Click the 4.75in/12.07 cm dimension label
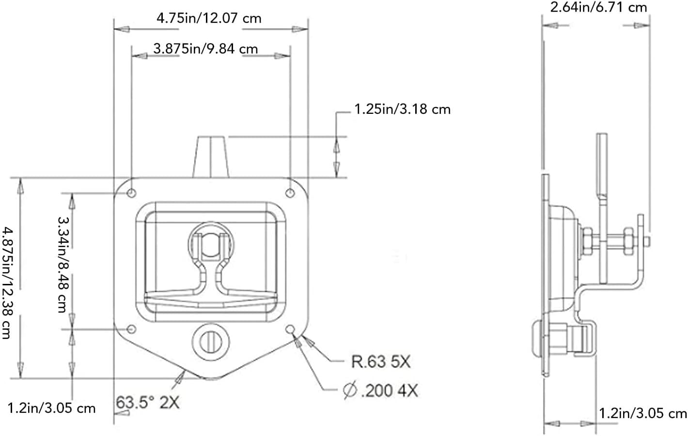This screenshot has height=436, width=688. click(x=209, y=18)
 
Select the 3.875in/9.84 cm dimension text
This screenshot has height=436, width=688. click(x=205, y=48)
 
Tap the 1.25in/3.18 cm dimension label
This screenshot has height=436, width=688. click(x=402, y=109)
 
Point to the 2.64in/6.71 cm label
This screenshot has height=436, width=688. click(x=598, y=7)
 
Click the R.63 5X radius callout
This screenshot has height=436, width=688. click(x=380, y=361)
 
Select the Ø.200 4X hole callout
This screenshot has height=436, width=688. click(x=380, y=390)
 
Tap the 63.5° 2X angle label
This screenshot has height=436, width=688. click(x=147, y=402)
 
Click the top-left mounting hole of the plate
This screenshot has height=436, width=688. click(x=132, y=193)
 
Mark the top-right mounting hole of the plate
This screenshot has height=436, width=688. click(x=290, y=193)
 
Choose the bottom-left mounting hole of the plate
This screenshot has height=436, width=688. click(x=131, y=330)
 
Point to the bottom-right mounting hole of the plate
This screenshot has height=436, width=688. click(x=291, y=330)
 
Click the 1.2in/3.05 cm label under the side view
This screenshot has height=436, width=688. click(x=643, y=413)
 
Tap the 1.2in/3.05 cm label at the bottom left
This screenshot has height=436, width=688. click(x=52, y=408)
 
